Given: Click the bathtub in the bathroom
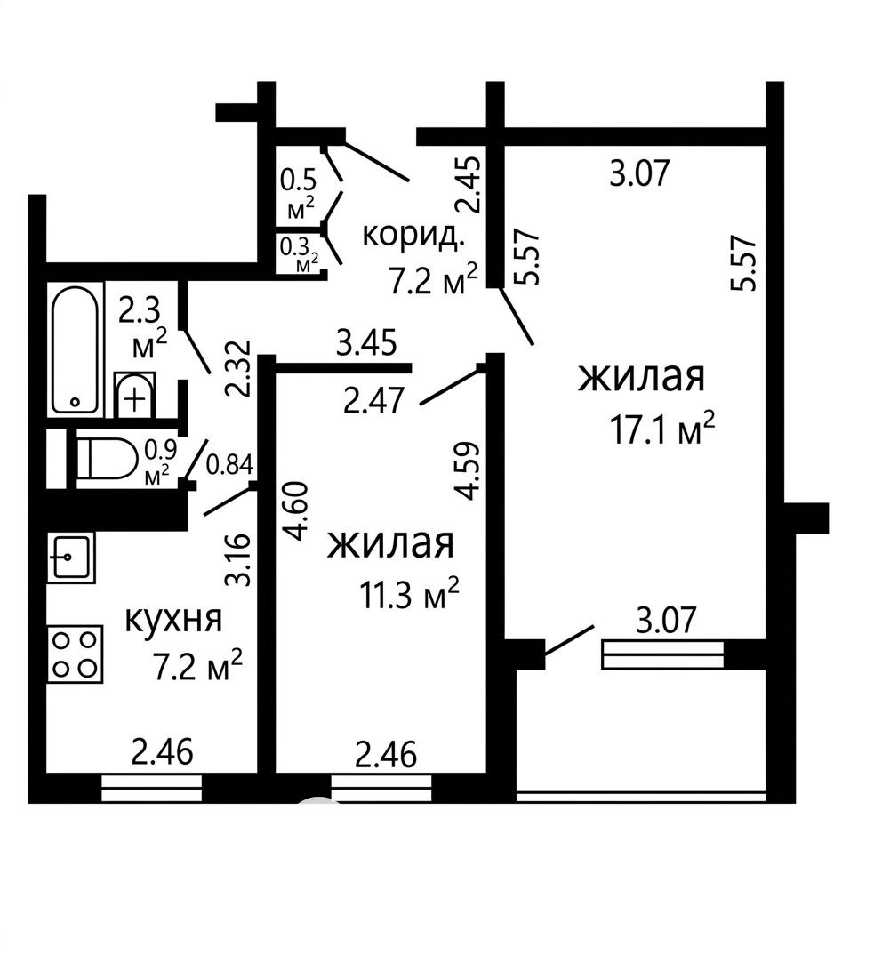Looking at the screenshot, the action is pyautogui.click(x=76, y=349).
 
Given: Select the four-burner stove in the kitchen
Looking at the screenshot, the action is pyautogui.click(x=75, y=654).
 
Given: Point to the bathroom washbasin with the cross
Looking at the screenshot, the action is pyautogui.click(x=134, y=395).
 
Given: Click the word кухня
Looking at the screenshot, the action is pyautogui.click(x=173, y=620).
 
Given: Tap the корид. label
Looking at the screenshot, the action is pyautogui.click(x=413, y=235).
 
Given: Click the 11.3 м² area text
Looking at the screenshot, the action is pyautogui.click(x=409, y=594).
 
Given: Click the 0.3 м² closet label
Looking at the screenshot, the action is pyautogui.click(x=299, y=254).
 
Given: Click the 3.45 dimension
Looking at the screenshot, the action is pyautogui.click(x=366, y=342).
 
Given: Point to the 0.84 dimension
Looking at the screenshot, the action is pyautogui.click(x=229, y=465).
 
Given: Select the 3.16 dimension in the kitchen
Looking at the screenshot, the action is pyautogui.click(x=237, y=559).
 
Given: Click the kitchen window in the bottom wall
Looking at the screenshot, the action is pyautogui.click(x=152, y=788).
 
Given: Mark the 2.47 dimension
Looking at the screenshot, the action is pyautogui.click(x=373, y=401).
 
